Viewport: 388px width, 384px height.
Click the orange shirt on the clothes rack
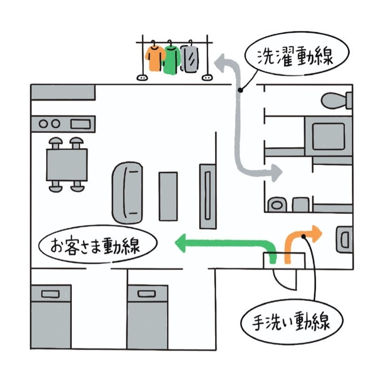click(x=154, y=57)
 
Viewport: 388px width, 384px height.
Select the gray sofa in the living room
click(x=127, y=192)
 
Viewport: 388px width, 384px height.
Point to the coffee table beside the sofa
click(x=168, y=196)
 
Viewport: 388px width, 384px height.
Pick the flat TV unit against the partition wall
click(x=207, y=196)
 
